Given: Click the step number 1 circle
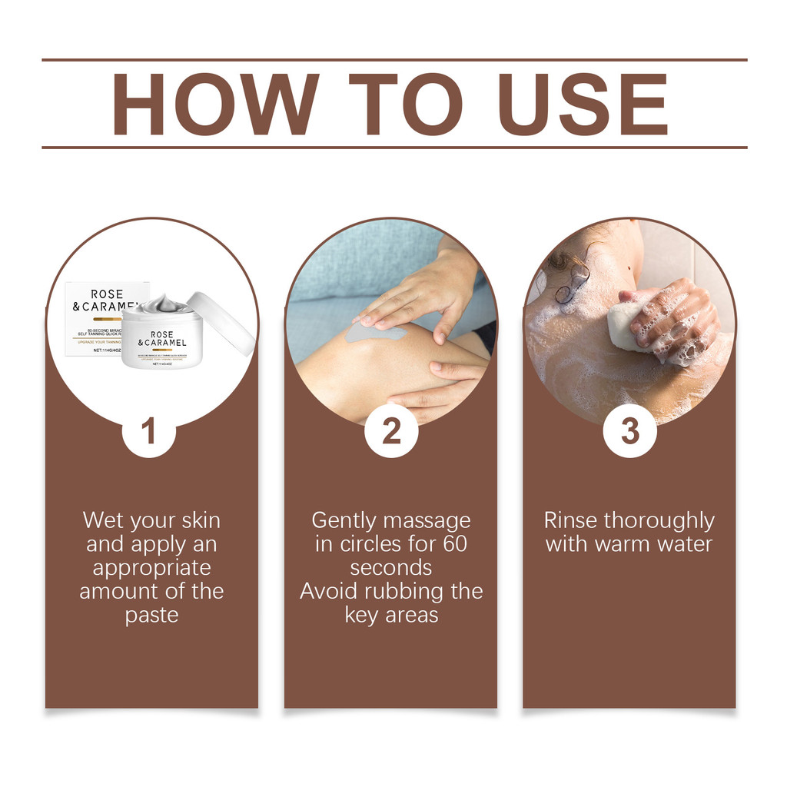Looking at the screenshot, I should [x=149, y=431].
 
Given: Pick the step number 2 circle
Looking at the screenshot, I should [x=391, y=431].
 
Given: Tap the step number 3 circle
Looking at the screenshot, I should [x=630, y=431].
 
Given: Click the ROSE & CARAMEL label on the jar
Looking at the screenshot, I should [x=161, y=339].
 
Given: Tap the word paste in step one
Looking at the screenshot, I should [x=151, y=616].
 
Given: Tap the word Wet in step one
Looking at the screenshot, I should [x=103, y=521].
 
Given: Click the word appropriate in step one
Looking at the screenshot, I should [x=151, y=569].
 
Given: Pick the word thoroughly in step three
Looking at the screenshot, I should [x=659, y=521].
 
